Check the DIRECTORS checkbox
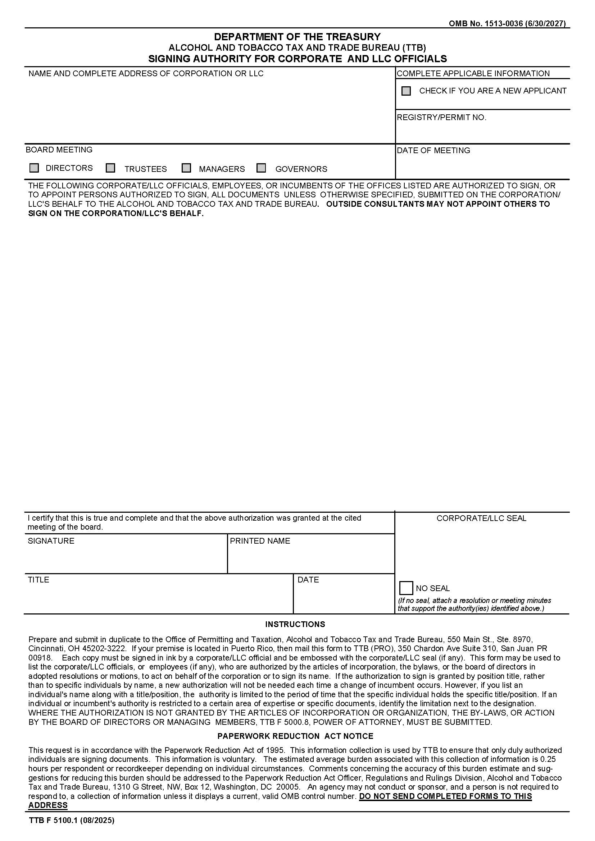[x=34, y=168]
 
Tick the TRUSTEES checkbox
[x=110, y=168]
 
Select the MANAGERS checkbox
[x=186, y=168]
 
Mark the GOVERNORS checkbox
[x=261, y=168]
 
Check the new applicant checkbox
[x=406, y=91]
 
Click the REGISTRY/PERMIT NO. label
[x=441, y=118]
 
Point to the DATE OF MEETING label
[x=433, y=151]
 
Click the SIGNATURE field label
[x=51, y=541]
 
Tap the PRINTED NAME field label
[x=260, y=541]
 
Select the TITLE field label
[x=38, y=580]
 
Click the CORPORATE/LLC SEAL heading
[x=481, y=518]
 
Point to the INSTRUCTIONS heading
[x=295, y=624]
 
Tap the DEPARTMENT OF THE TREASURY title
[x=297, y=37]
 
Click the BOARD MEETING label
[x=59, y=150]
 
